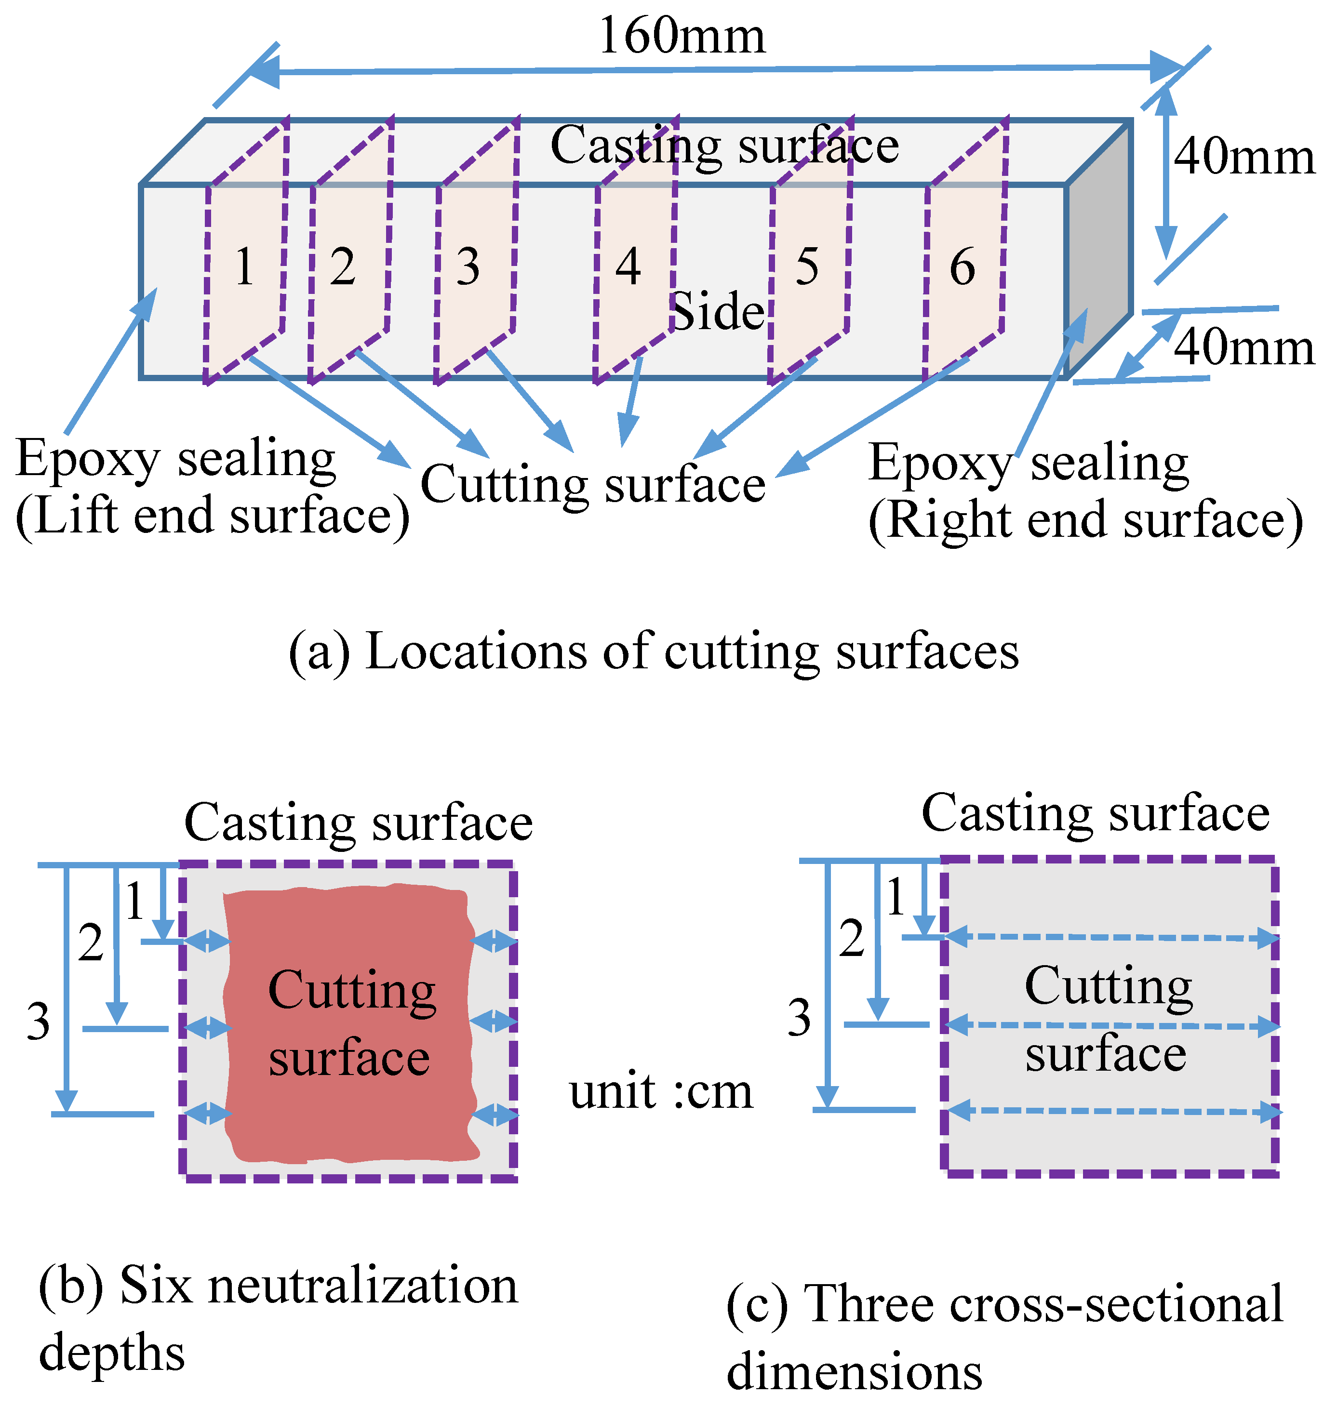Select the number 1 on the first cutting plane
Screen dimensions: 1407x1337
244,267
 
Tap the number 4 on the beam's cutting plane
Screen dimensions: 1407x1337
628,266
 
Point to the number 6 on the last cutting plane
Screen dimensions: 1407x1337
962,267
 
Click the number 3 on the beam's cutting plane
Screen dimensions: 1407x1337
468,267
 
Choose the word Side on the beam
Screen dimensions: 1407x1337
716,312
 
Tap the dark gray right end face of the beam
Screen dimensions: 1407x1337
1100,249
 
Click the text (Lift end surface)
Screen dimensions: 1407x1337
213,516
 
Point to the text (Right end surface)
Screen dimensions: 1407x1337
1085,520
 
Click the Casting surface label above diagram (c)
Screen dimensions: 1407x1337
1096,813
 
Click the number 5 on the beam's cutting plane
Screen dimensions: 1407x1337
807,267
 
